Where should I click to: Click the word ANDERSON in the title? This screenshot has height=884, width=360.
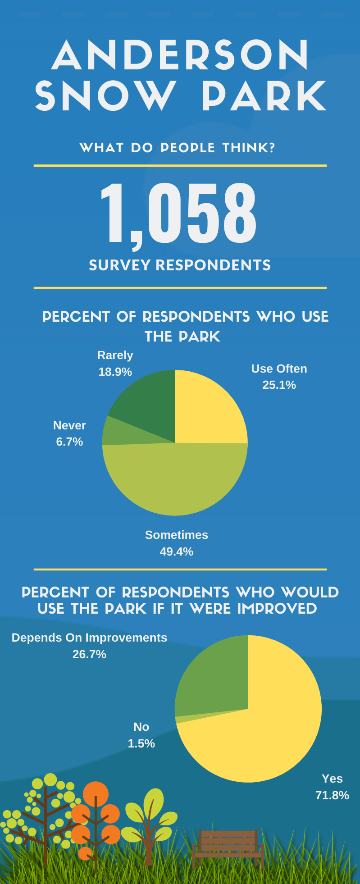180,55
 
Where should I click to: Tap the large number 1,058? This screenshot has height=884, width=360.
178,213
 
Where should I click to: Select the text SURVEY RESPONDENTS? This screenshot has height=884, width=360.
180,265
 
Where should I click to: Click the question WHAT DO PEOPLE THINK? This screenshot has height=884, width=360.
177,148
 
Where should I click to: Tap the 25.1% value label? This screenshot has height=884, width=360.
279,385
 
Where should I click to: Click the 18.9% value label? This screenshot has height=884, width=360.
115,372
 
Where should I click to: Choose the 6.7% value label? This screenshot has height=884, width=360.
69,442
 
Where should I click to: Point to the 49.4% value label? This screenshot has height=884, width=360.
176,551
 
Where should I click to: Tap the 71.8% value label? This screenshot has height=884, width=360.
332,795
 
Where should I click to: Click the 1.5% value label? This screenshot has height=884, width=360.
141,743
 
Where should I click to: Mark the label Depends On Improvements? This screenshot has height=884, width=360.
89,638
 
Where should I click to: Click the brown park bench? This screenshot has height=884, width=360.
228,847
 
